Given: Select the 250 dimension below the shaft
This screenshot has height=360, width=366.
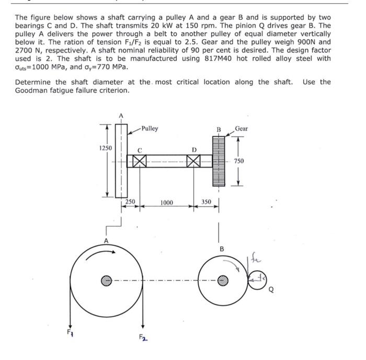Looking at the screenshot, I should [x=131, y=202].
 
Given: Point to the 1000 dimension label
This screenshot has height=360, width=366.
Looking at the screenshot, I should [x=167, y=202].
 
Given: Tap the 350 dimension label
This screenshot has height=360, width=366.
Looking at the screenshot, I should [x=206, y=202].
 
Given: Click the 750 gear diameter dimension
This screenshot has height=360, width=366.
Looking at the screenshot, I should [x=239, y=161].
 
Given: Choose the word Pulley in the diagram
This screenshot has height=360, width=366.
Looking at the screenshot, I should [x=150, y=129].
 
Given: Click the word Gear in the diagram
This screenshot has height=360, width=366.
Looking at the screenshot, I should [x=242, y=128].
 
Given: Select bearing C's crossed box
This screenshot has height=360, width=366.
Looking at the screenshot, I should [x=139, y=161].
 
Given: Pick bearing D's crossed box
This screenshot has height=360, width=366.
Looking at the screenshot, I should [x=194, y=161].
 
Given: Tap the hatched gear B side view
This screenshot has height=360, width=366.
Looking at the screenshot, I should [x=218, y=161].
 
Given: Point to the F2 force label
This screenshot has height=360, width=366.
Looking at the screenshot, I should [x=142, y=339].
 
